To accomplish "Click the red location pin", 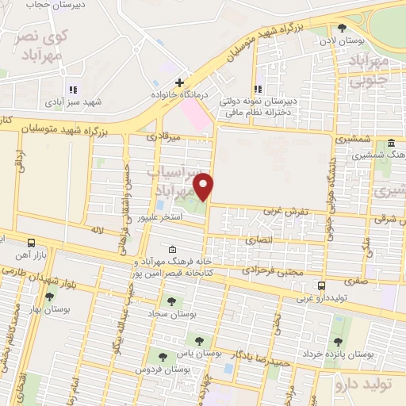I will pyautogui.click(x=205, y=186).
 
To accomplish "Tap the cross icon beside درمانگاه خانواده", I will pyautogui.click(x=180, y=82).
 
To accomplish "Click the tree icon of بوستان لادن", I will pyautogui.click(x=342, y=28).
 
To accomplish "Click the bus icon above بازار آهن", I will pyautogui.click(x=31, y=243).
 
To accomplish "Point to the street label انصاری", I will pyautogui.click(x=259, y=239).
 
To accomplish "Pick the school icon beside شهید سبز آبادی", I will pyautogui.click(x=74, y=90).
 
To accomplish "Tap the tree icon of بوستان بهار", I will pyautogui.click(x=50, y=296).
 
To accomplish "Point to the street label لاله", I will pyautogui.click(x=98, y=230).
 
